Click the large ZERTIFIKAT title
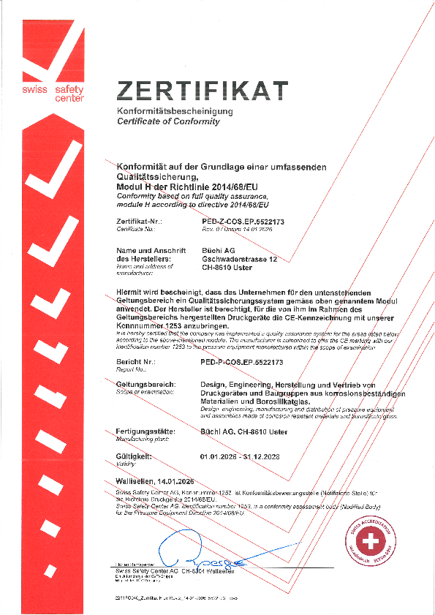coord(203,89)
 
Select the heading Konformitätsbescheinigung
coord(175,110)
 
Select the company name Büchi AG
coord(217,251)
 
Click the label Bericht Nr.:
coord(136,362)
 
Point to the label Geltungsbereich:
coord(146,384)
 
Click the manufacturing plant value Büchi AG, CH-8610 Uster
coord(243,432)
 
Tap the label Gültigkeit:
coord(134,456)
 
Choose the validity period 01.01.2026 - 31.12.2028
coord(240,456)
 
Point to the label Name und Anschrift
coord(148,251)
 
